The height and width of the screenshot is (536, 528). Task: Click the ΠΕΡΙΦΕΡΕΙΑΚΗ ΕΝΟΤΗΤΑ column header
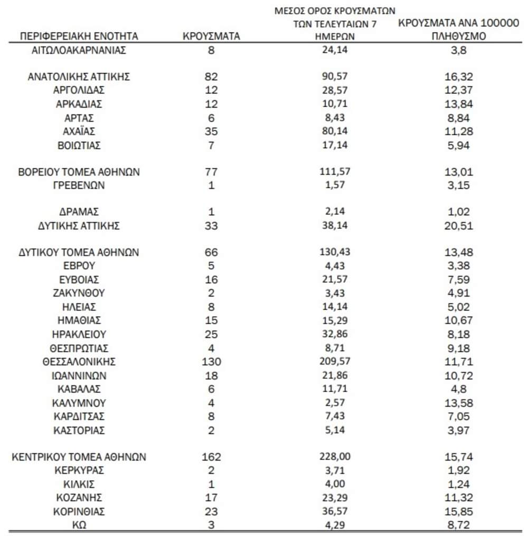(79, 36)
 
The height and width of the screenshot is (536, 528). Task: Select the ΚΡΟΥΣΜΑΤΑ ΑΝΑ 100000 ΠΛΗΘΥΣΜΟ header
(457, 30)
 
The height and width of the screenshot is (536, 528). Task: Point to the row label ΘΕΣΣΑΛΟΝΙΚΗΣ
(79, 362)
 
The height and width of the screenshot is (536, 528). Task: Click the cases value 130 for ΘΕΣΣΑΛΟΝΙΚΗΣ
(211, 362)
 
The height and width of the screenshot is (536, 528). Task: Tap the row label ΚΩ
(79, 524)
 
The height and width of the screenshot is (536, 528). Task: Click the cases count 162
(211, 457)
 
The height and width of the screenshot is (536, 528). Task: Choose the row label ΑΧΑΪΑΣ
(79, 131)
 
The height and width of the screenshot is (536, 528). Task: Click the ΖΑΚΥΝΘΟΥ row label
(79, 293)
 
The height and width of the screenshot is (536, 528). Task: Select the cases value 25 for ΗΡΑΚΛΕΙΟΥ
(211, 334)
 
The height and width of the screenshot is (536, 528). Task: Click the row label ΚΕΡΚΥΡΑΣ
(79, 470)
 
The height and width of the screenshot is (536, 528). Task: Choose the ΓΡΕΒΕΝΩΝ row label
(79, 185)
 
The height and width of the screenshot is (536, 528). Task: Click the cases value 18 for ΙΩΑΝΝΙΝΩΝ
(211, 376)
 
